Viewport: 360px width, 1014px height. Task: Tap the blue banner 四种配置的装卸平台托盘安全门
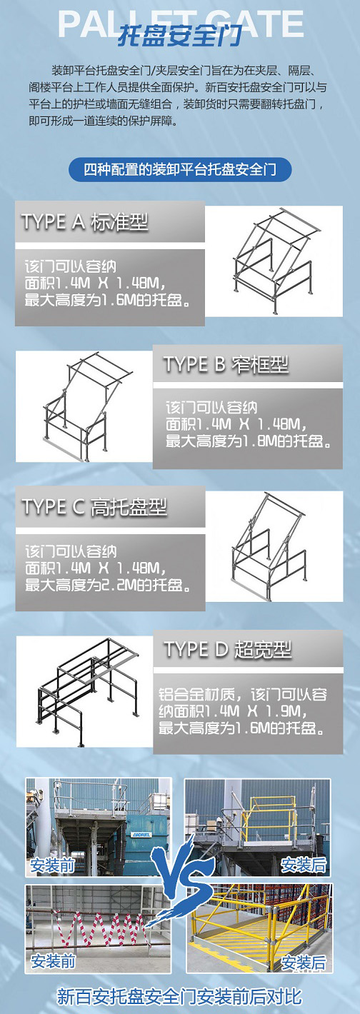[180, 170]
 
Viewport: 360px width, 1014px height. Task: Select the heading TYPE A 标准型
[85, 222]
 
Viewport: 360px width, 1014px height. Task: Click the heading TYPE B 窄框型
[226, 364]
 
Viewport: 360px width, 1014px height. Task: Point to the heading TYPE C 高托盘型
[94, 507]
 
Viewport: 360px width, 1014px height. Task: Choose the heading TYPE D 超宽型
[227, 650]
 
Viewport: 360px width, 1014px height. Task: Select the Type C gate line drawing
[269, 546]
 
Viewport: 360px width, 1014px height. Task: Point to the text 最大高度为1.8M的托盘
[248, 441]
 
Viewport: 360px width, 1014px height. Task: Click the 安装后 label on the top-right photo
[304, 865]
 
